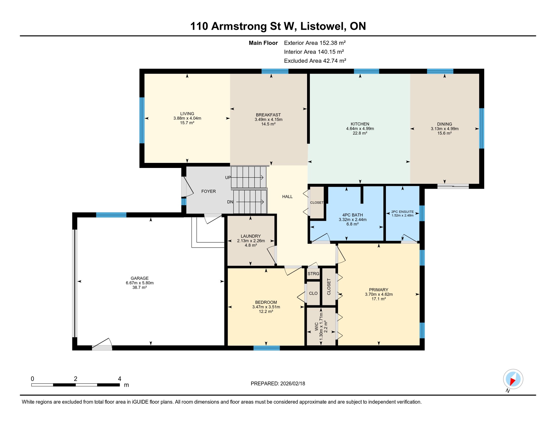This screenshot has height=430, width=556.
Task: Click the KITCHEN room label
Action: coord(360,124)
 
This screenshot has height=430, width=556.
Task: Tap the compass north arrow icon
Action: coord(513,379)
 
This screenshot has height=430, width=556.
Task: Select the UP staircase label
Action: coord(228,177)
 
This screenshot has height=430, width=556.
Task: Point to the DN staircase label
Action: coord(230,202)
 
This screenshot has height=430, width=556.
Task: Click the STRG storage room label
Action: coord(313,274)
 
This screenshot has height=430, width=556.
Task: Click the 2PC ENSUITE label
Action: coord(402,212)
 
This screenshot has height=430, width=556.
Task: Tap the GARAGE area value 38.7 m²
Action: coord(140,288)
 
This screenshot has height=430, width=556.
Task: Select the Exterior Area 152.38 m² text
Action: coord(315,43)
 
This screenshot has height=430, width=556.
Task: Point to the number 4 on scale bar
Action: coord(119,379)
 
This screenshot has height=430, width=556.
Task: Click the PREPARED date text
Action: coord(278,384)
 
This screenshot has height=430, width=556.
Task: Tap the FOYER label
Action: coord(208,191)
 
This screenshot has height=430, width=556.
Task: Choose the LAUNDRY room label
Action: coord(251,236)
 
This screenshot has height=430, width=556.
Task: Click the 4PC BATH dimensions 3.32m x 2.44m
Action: coord(352,219)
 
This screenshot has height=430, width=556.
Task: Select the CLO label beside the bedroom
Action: coord(313,293)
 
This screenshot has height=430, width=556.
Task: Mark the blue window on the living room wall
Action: coord(142,120)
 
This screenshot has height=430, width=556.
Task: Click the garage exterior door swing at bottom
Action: coord(102,345)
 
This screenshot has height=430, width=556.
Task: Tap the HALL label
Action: coord(287,197)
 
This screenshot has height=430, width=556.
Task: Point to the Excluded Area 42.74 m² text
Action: coord(315,61)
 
